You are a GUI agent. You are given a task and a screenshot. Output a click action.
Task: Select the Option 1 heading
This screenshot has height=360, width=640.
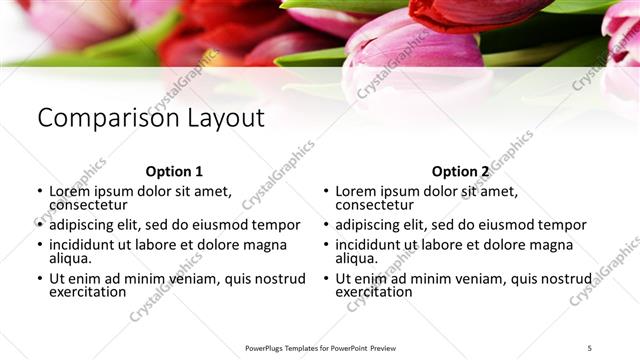[x=174, y=171]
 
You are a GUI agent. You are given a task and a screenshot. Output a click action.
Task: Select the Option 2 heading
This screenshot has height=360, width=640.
[x=460, y=171]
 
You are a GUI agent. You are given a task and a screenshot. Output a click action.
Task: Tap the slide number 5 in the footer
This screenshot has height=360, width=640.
[x=590, y=348]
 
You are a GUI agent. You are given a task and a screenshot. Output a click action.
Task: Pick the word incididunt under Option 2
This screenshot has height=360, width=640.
[x=370, y=244]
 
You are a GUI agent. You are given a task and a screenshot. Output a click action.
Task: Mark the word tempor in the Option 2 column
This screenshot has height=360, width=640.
[x=562, y=225]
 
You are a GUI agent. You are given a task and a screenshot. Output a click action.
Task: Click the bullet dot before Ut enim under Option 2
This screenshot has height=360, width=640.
[x=325, y=278]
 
